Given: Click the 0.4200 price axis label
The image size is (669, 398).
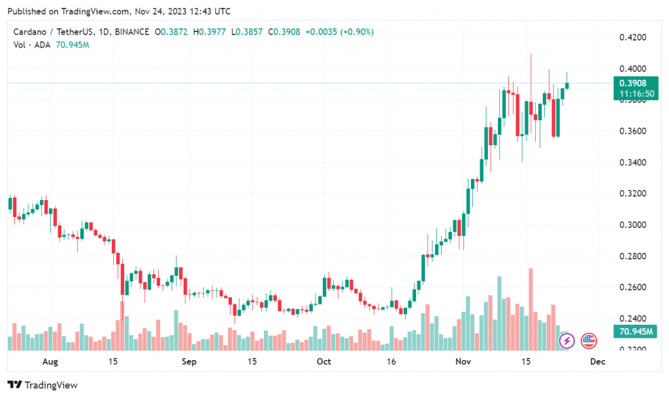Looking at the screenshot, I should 632,37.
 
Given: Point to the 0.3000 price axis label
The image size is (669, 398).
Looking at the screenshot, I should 632,225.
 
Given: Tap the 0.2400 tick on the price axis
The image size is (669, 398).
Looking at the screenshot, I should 632,319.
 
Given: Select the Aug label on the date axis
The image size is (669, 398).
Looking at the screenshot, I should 50,361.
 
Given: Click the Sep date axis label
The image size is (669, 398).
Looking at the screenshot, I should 189,361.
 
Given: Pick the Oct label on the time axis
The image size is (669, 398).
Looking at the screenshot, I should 324,361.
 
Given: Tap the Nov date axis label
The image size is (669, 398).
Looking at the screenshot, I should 463,361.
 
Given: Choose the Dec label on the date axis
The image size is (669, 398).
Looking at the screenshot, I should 597,361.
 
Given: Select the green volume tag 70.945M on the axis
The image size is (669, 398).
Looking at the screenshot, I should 634,332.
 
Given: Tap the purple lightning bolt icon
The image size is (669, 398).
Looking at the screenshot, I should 567,340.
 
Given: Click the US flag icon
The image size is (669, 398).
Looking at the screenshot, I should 589,340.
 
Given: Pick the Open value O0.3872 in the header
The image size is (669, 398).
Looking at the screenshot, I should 172,31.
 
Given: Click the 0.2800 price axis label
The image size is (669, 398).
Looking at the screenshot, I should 632,256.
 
